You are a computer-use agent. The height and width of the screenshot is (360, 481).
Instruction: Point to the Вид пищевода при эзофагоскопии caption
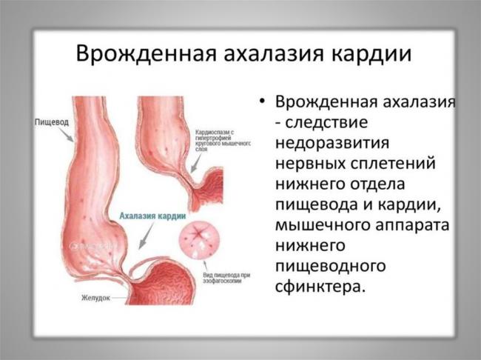tap(221, 278)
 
